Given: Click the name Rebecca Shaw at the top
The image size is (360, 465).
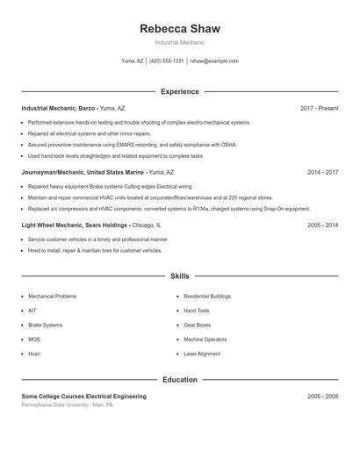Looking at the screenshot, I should point(179,28).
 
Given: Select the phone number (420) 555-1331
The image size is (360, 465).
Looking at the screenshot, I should point(167,61).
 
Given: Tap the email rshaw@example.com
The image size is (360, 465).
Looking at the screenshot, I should point(214,61).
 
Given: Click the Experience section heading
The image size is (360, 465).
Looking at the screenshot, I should point(179,91).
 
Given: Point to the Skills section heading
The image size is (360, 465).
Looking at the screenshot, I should point(179,275).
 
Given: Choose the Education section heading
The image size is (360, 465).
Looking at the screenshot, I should point(179,380).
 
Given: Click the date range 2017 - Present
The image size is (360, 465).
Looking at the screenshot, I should point(319,108).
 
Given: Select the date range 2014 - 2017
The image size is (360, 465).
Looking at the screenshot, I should point(322,173).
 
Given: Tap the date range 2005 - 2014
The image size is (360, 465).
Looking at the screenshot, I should point(322,225).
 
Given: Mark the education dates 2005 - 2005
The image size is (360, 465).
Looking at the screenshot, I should point(322,397).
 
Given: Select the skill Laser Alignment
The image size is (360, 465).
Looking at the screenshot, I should point(202,354).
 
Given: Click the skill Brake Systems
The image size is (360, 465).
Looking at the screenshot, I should point(46,325).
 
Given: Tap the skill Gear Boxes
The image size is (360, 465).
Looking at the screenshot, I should point(198,325).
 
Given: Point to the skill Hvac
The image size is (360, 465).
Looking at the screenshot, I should point(34,354).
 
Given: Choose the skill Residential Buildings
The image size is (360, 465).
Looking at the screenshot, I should point(207,297).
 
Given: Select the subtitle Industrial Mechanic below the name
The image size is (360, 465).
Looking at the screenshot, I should point(179,42).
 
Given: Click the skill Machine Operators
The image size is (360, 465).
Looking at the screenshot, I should point(205,339).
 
